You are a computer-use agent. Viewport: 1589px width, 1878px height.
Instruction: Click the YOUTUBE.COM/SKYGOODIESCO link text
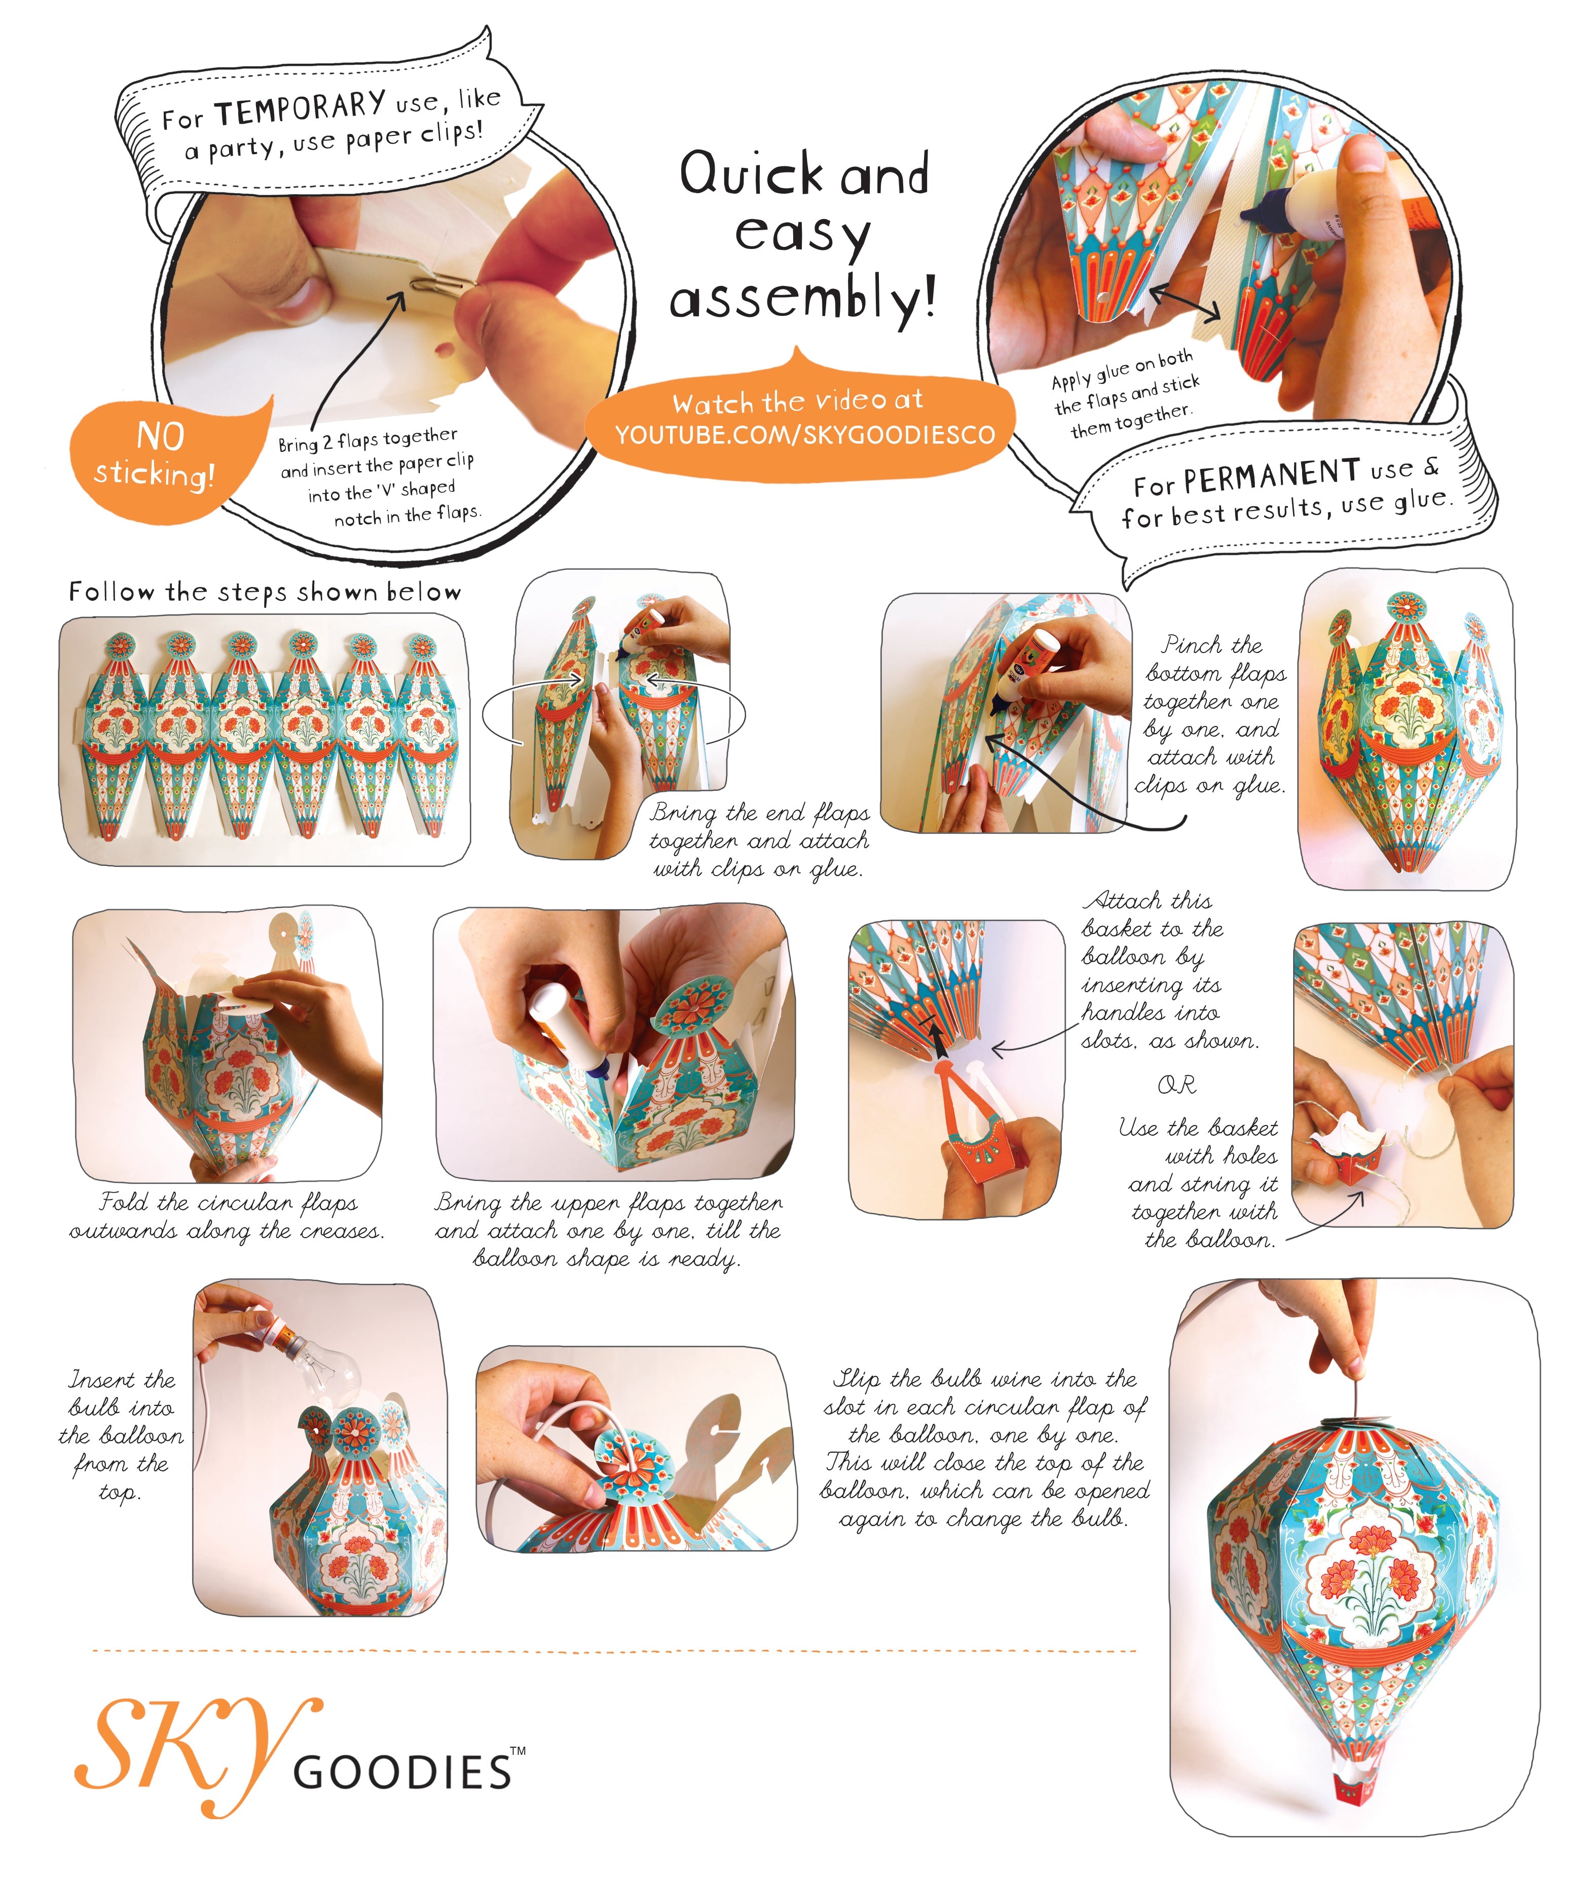tap(804, 435)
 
